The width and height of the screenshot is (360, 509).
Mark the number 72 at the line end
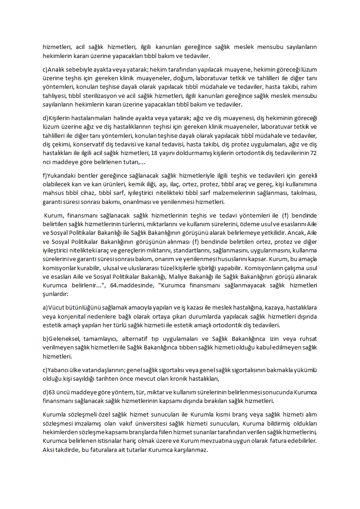(x=312, y=153)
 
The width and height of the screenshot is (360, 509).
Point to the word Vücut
(x=57, y=308)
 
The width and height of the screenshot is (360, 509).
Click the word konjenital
(x=66, y=316)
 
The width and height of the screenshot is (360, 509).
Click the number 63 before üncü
(x=52, y=393)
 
